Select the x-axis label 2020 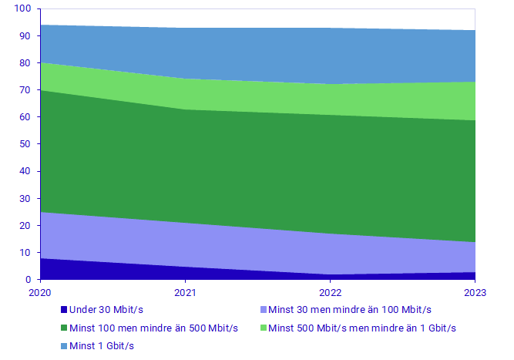click(40, 293)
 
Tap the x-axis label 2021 click(185, 293)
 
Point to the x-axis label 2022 click(330, 293)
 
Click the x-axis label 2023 click(475, 293)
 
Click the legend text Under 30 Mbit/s click(106, 310)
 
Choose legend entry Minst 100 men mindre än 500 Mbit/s click(153, 328)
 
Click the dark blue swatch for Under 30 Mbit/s click(63, 310)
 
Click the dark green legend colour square click(63, 328)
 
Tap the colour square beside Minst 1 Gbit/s click(63, 346)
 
